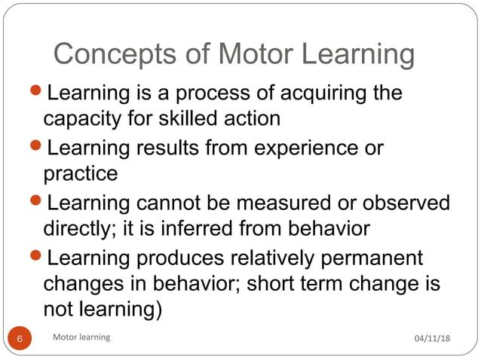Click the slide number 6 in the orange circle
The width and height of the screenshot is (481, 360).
point(20,338)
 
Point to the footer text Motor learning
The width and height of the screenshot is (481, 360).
point(81,337)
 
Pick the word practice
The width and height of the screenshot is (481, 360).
point(81,173)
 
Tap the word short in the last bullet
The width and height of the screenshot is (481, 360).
point(278,283)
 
